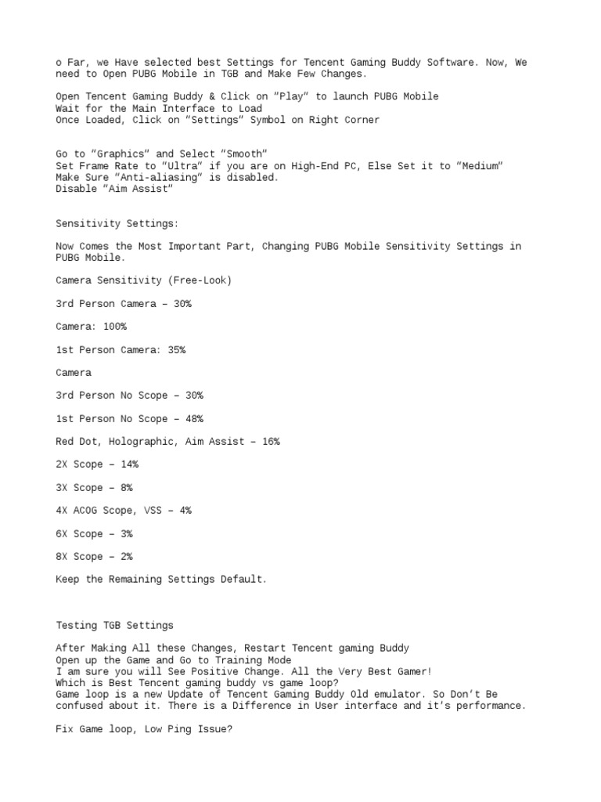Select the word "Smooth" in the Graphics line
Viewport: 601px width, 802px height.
(x=244, y=154)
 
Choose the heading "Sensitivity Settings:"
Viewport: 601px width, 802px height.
(x=117, y=223)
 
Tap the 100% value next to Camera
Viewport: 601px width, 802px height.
(x=114, y=327)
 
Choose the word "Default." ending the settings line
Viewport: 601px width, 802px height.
(x=243, y=580)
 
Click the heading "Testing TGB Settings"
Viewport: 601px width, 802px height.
(x=114, y=626)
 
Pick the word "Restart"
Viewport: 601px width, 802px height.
(x=267, y=648)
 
